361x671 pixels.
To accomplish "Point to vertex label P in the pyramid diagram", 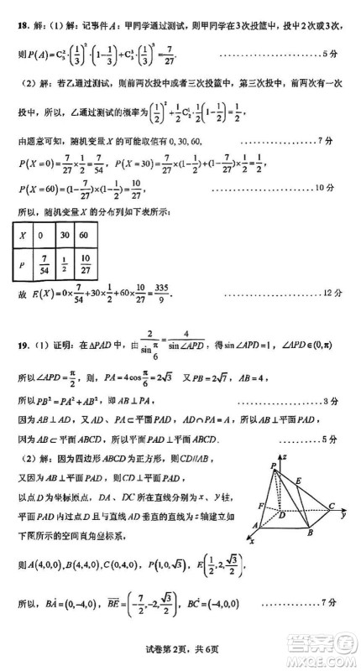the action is pyautogui.click(x=273, y=466).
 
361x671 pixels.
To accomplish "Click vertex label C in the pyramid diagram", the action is pyautogui.click(x=332, y=506).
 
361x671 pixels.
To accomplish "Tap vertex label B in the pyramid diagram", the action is pyautogui.click(x=310, y=534).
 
